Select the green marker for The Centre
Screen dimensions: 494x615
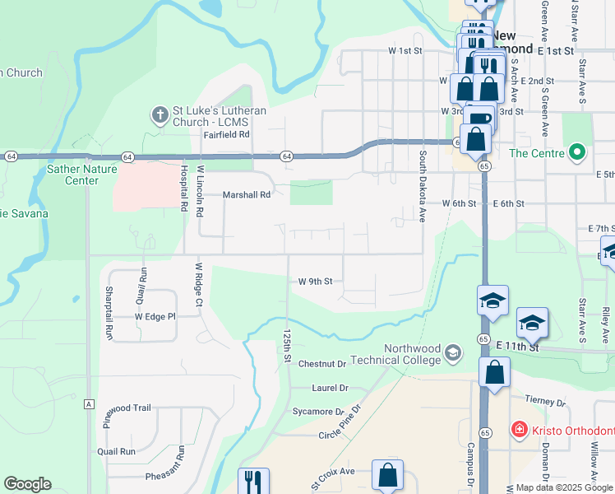(x=577, y=152)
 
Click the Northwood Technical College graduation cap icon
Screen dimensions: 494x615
(x=452, y=354)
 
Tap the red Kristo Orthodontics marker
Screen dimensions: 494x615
(x=519, y=430)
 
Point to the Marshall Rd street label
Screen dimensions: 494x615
(x=247, y=195)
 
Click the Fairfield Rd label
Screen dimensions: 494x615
(x=226, y=135)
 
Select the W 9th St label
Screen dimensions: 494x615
(x=315, y=282)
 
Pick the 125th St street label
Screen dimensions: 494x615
(x=287, y=347)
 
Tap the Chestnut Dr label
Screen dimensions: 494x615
(x=322, y=364)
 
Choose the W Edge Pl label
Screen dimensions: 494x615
(x=155, y=316)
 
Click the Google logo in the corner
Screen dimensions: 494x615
(x=27, y=484)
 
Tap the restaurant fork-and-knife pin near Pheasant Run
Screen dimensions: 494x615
(x=253, y=482)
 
